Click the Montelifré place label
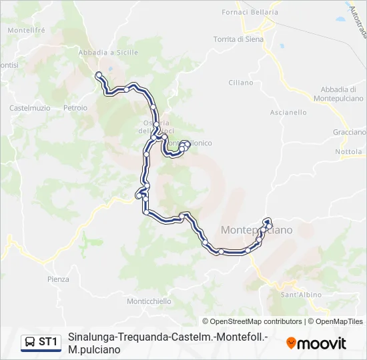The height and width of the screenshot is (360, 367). tap(26, 30)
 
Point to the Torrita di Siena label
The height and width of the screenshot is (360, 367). tap(240, 39)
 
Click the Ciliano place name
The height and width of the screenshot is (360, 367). tap(241, 83)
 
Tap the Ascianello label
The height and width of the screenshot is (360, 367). tap(288, 113)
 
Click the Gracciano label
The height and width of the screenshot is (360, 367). tap(349, 133)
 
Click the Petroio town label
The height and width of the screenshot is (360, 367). tap(75, 107)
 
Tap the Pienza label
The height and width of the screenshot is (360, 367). tap(58, 279)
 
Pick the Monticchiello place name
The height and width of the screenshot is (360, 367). tap(149, 301)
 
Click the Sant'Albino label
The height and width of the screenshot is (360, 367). tap(300, 295)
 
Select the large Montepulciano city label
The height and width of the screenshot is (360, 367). tap(256, 230)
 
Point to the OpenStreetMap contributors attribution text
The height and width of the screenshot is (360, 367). tap(252, 321)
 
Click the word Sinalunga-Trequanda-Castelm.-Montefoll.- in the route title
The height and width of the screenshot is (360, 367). tap(167, 337)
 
